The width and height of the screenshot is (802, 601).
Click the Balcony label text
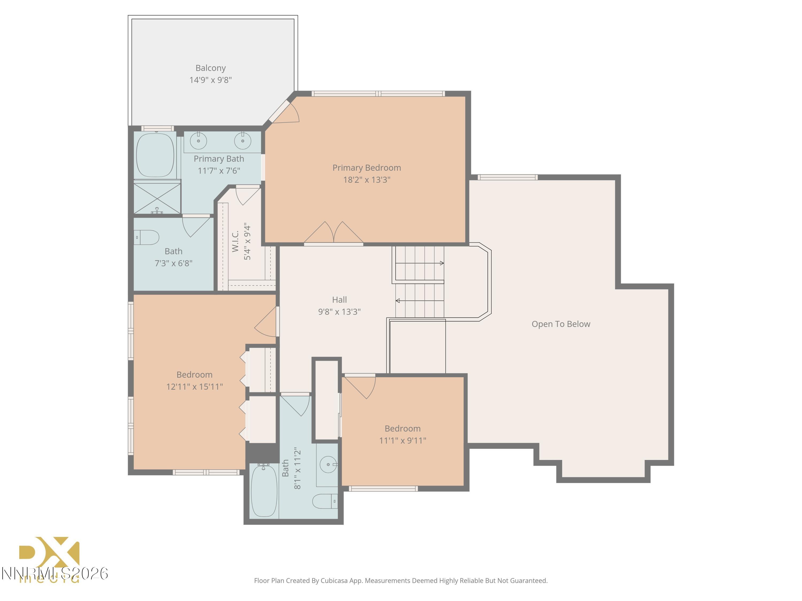(x=210, y=68)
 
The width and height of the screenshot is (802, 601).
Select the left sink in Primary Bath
(x=198, y=141)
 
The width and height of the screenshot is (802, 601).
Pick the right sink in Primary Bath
(x=242, y=141)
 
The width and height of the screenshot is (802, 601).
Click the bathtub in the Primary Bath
(x=155, y=156)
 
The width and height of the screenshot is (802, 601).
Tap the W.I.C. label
(x=235, y=241)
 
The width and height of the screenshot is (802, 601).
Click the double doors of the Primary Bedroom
(x=334, y=233)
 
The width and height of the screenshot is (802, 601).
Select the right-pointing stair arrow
(x=441, y=263)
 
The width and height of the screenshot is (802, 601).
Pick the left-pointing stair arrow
(x=398, y=301)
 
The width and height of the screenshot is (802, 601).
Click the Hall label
(x=339, y=300)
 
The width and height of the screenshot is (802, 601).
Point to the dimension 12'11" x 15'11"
(x=194, y=387)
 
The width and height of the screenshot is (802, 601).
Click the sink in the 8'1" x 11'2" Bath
(x=328, y=464)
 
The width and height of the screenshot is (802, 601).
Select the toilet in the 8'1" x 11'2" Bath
(x=325, y=501)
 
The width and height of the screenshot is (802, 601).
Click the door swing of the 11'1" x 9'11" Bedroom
(x=361, y=387)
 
